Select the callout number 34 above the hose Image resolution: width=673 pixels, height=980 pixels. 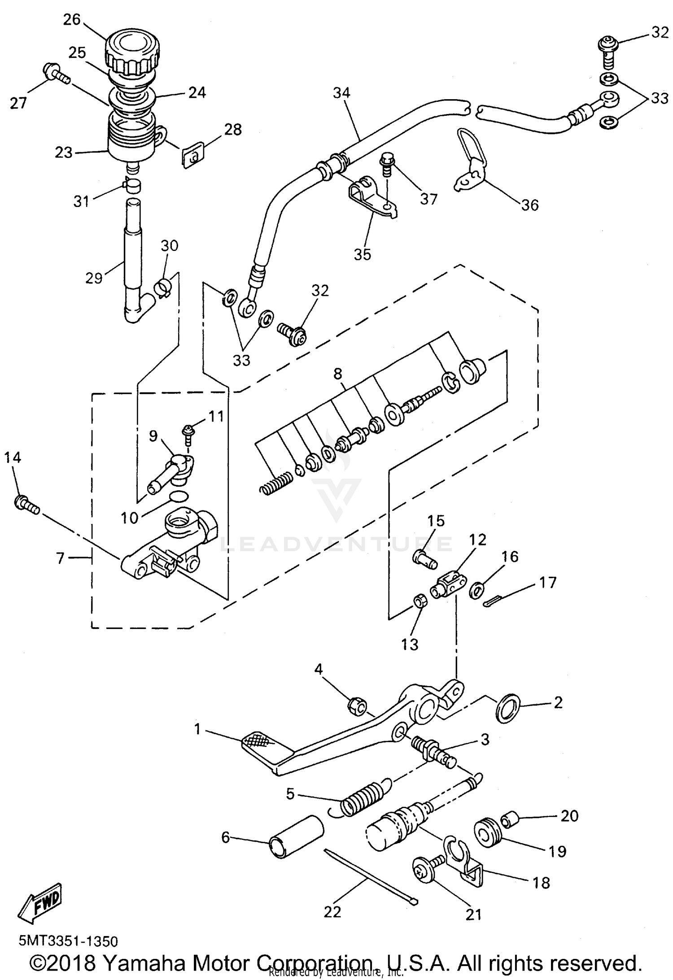(341, 93)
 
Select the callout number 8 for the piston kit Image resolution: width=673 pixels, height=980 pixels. (337, 374)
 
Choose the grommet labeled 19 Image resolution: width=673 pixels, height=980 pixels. (487, 835)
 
